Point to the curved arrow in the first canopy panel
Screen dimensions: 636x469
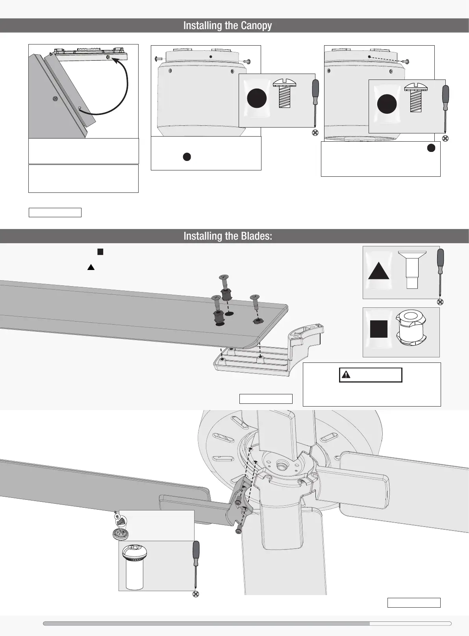(x=125, y=87)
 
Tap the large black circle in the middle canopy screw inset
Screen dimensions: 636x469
(x=257, y=98)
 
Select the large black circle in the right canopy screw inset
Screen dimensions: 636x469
(x=387, y=104)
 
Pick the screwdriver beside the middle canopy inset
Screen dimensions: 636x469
(x=315, y=102)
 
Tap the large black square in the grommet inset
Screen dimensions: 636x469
(x=379, y=329)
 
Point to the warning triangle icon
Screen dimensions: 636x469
(x=346, y=375)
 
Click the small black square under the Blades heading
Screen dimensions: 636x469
(x=100, y=252)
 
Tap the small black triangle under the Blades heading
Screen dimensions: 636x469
(x=91, y=267)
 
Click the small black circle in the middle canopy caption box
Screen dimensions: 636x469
(x=187, y=157)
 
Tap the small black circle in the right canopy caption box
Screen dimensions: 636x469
(x=431, y=148)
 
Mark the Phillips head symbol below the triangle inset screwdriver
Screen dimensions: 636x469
(x=440, y=302)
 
